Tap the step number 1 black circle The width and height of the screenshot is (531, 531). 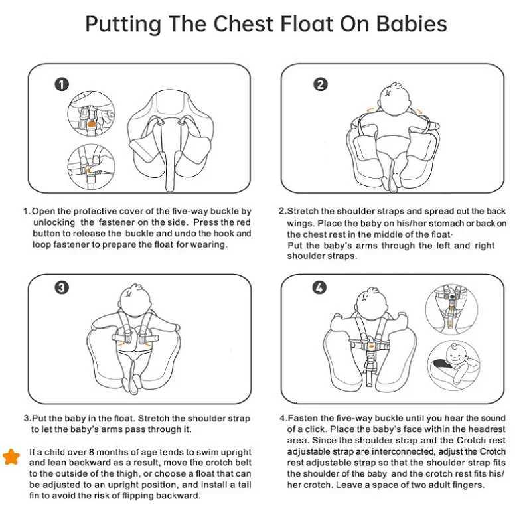(x=62, y=84)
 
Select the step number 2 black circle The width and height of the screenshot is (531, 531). (x=321, y=84)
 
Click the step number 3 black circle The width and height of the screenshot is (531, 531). (x=62, y=287)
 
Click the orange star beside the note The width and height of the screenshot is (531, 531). (x=11, y=456)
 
